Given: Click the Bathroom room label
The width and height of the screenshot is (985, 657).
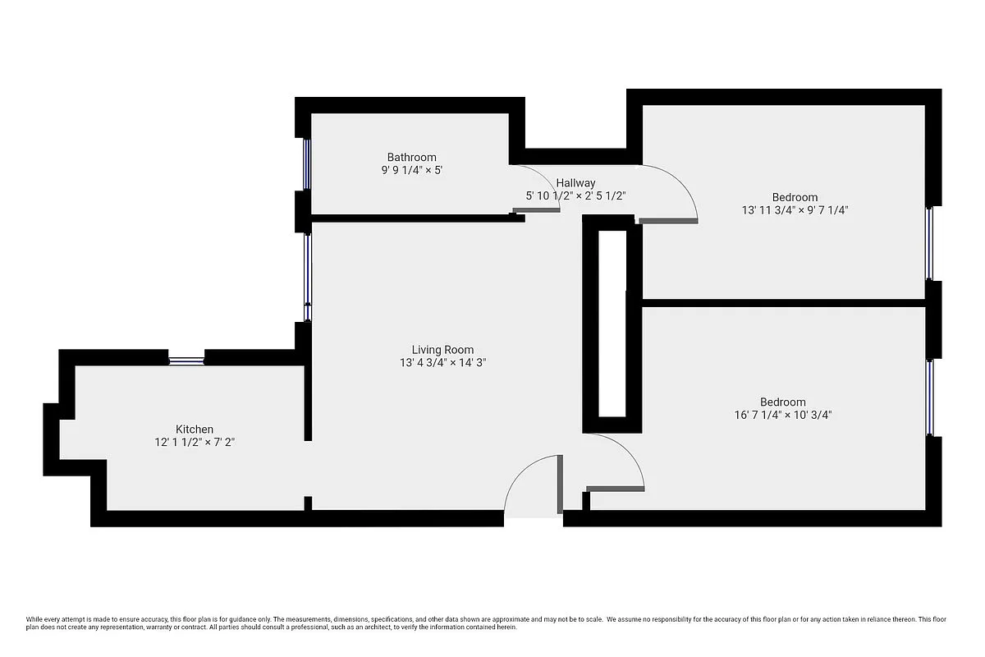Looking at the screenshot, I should coord(412,157).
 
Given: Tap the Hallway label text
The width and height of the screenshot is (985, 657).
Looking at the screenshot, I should coord(575,182).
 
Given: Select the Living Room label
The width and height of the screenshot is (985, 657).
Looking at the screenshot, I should coord(442,349).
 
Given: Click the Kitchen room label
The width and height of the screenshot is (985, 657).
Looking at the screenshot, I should coord(195,429).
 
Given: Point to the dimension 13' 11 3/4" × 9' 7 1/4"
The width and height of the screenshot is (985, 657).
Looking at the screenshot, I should coord(795,210).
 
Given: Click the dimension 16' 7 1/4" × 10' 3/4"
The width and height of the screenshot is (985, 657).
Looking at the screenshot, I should coord(783,415).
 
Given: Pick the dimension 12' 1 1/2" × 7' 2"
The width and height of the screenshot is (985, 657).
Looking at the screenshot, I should coord(195,442).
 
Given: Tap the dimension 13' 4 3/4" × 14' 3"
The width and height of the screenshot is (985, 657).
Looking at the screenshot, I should coord(442,362).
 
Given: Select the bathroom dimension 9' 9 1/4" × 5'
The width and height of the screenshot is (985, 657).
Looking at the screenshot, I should coord(412,170).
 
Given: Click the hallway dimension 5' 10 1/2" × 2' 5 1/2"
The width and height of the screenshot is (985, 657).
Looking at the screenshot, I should coord(575,195).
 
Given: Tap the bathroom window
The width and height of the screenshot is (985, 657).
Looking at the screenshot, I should coord(306,163).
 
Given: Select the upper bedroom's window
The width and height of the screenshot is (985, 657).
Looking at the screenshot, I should coord(930,243).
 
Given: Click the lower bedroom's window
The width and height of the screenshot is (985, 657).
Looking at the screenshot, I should coord(930,397).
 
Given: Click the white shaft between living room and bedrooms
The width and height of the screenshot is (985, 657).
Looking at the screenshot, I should coord(611,324).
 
